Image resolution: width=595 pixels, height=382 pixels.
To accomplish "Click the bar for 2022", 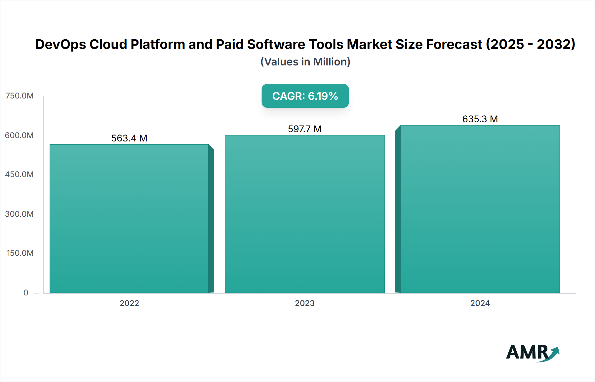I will click(129, 218).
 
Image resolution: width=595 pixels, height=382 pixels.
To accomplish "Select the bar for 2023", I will click(305, 214).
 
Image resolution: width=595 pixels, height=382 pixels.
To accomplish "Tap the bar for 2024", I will click(480, 209).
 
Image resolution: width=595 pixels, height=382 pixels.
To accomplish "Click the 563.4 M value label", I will click(129, 138).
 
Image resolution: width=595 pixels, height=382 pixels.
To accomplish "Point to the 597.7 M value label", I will click(305, 129).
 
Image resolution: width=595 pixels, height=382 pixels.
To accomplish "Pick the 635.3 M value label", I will click(480, 119).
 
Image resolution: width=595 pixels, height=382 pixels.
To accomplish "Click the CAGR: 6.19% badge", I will click(305, 96).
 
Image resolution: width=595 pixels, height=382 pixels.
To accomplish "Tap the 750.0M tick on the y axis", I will click(20, 96).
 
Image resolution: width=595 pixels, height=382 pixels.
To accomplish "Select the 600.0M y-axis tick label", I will click(19, 135).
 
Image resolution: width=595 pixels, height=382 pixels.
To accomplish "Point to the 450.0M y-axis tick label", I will click(19, 174).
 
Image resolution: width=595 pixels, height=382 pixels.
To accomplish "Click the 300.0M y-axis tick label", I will click(19, 214).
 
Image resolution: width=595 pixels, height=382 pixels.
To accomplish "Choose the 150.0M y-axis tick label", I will click(20, 253).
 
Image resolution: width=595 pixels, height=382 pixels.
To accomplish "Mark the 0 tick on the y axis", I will click(26, 293).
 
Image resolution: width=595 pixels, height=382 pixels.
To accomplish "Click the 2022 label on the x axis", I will click(129, 303).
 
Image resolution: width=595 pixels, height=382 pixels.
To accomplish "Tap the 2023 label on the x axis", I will click(305, 303).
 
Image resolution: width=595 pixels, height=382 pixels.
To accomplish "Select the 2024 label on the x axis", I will click(480, 303).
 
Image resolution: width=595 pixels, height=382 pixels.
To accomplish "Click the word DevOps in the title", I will click(60, 45).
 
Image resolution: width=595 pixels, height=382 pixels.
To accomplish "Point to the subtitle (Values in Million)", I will click(305, 62).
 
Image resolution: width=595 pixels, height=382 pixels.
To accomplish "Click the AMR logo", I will click(532, 353).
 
